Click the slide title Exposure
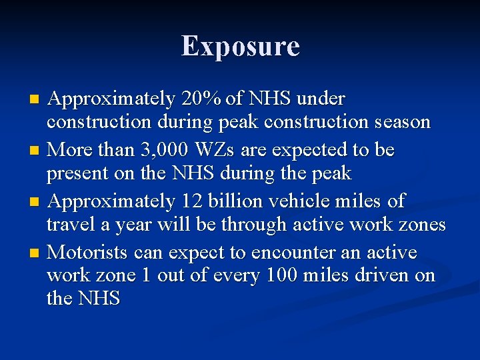[240, 46]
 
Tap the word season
[403, 123]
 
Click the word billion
[239, 201]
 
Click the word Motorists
[89, 253]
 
